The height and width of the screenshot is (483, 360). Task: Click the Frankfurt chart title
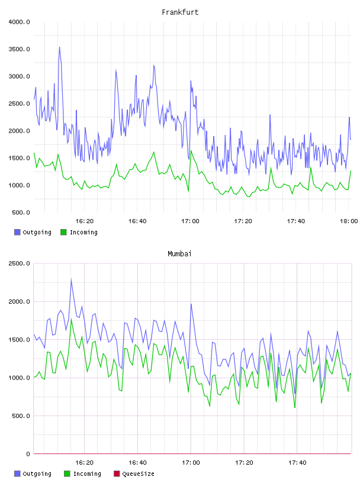pos(180,12)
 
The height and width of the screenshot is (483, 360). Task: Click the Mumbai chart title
pos(179,254)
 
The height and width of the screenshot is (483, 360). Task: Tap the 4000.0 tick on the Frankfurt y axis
pos(19,22)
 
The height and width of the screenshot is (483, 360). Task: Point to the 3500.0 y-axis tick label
pos(19,49)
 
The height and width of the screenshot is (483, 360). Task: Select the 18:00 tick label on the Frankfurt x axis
pos(349,221)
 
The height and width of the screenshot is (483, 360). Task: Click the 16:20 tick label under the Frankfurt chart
pos(85,221)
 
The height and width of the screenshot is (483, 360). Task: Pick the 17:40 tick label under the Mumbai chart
pos(297,463)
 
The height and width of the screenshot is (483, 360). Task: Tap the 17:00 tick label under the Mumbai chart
pos(191,463)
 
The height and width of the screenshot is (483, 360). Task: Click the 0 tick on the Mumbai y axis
pos(28,454)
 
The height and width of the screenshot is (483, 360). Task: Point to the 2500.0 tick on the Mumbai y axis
pos(19,263)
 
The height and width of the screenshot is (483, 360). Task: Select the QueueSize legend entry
pos(134,474)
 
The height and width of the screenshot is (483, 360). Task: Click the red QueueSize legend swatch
pos(117,474)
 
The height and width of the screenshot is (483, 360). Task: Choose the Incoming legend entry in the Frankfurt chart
pos(79,232)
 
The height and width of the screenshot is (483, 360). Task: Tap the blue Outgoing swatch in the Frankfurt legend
pos(17,232)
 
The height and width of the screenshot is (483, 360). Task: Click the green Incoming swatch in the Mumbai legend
pos(67,474)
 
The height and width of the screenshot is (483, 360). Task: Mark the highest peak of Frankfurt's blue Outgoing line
pos(59,47)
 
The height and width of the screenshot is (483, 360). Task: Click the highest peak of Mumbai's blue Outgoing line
pos(71,279)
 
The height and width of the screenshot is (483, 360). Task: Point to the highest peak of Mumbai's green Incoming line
pos(71,319)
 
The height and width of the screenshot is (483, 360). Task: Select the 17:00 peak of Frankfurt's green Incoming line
pos(191,150)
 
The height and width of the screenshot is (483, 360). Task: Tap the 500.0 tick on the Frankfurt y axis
pos(21,212)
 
